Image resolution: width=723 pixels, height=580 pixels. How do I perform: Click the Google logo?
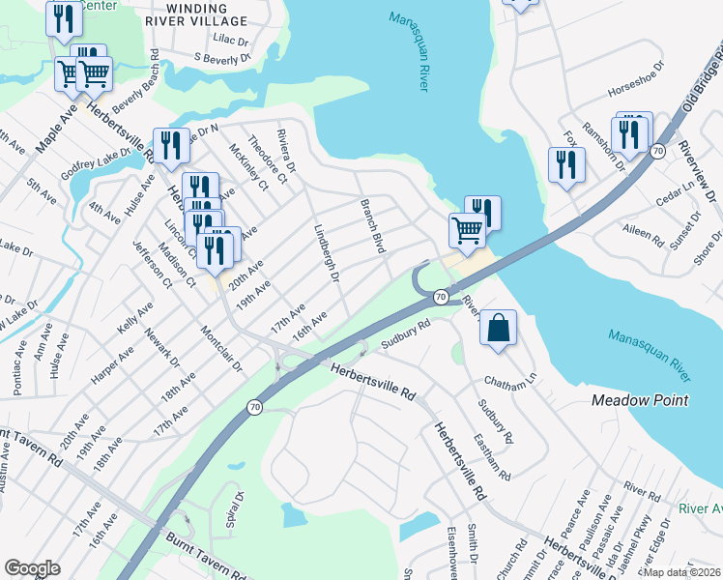pyautogui.click(x=32, y=567)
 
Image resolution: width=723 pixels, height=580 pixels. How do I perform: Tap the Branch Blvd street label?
pyautogui.click(x=373, y=226)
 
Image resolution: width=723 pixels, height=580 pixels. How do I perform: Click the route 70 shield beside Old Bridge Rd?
pyautogui.click(x=657, y=151)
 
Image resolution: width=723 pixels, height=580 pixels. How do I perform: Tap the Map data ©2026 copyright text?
pyautogui.click(x=681, y=572)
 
